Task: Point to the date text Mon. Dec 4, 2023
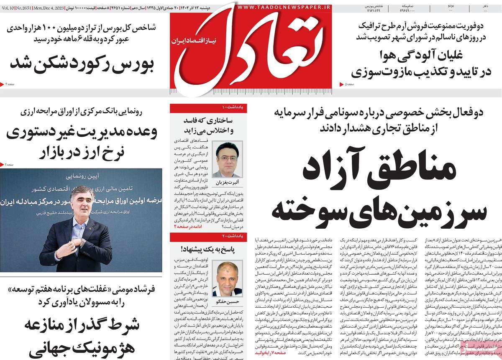coord(62,8)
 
